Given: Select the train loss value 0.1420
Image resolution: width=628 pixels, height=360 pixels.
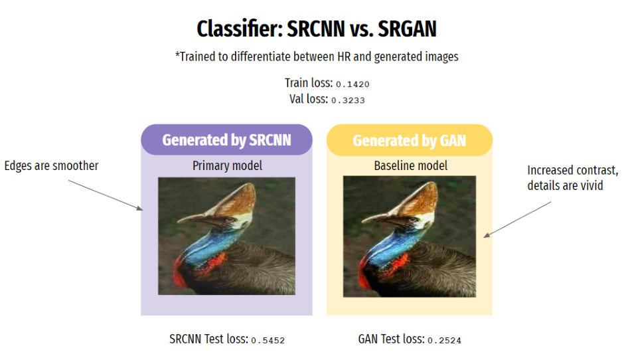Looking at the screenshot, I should coord(352,85).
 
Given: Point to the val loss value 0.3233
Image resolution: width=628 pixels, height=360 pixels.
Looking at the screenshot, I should coord(348,100).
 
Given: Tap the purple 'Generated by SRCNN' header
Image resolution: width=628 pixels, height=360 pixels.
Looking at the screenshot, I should coord(226,139).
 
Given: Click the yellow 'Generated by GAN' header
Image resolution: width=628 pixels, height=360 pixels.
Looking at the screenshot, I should coord(409,140).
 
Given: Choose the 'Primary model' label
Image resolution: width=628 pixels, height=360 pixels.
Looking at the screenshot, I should coord(226,165).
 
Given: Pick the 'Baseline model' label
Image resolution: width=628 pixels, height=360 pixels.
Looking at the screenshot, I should coord(410,165).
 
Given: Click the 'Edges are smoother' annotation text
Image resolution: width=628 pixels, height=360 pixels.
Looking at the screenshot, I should coord(51,165).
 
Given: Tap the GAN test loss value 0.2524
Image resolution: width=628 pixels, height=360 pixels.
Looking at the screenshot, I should coord(445,340).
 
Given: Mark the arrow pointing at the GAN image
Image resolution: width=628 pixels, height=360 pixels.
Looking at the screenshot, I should coord(518,219).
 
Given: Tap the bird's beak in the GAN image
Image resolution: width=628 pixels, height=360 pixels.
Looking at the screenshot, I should coord(375,217).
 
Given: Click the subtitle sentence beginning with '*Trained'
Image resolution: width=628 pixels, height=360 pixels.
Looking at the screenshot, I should coord(317,57).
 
